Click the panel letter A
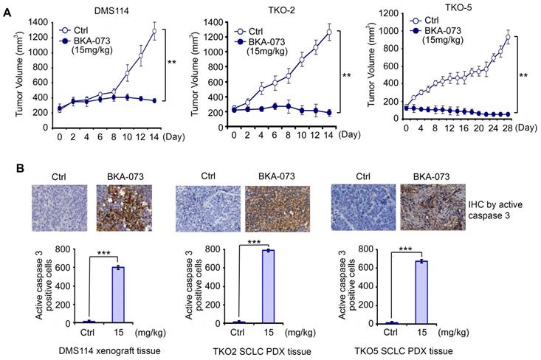[6, 6]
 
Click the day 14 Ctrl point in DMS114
[154, 30]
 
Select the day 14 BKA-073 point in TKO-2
[328, 113]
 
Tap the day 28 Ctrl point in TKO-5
[509, 36]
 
